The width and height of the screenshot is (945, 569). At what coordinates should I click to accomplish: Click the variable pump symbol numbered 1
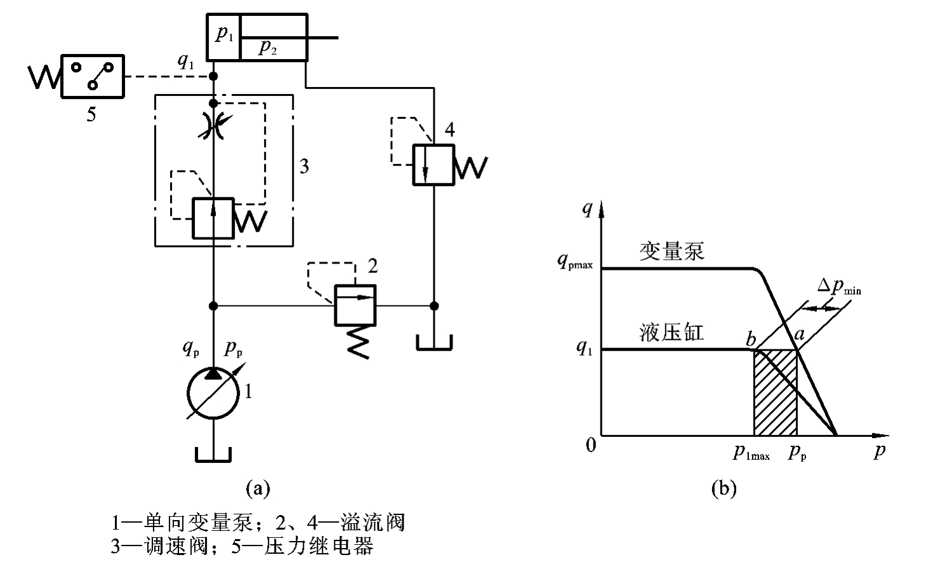(x=213, y=393)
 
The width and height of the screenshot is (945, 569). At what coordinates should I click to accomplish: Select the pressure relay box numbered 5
(x=92, y=76)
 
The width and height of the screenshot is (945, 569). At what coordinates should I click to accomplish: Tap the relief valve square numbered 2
(x=355, y=305)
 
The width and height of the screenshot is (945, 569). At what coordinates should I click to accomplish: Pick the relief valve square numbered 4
(x=433, y=164)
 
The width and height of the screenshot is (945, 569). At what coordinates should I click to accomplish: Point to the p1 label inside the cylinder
(x=224, y=34)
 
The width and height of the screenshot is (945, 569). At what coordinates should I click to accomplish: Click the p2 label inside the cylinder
(x=267, y=48)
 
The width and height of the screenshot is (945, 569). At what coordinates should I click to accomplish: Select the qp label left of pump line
(x=190, y=347)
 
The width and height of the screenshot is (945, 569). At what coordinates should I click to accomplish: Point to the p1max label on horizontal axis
(x=751, y=453)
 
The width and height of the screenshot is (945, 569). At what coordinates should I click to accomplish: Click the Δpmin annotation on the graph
(x=838, y=287)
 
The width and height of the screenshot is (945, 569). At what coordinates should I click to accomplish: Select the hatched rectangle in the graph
(x=775, y=392)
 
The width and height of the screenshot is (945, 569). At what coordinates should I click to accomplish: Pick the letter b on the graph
(x=751, y=339)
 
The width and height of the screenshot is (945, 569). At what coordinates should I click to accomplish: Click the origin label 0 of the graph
(x=591, y=445)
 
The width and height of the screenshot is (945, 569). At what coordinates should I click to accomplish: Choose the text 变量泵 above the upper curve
(x=671, y=252)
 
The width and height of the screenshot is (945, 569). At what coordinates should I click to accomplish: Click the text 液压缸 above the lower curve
(x=671, y=332)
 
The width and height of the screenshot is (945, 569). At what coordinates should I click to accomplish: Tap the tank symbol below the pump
(x=214, y=455)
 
